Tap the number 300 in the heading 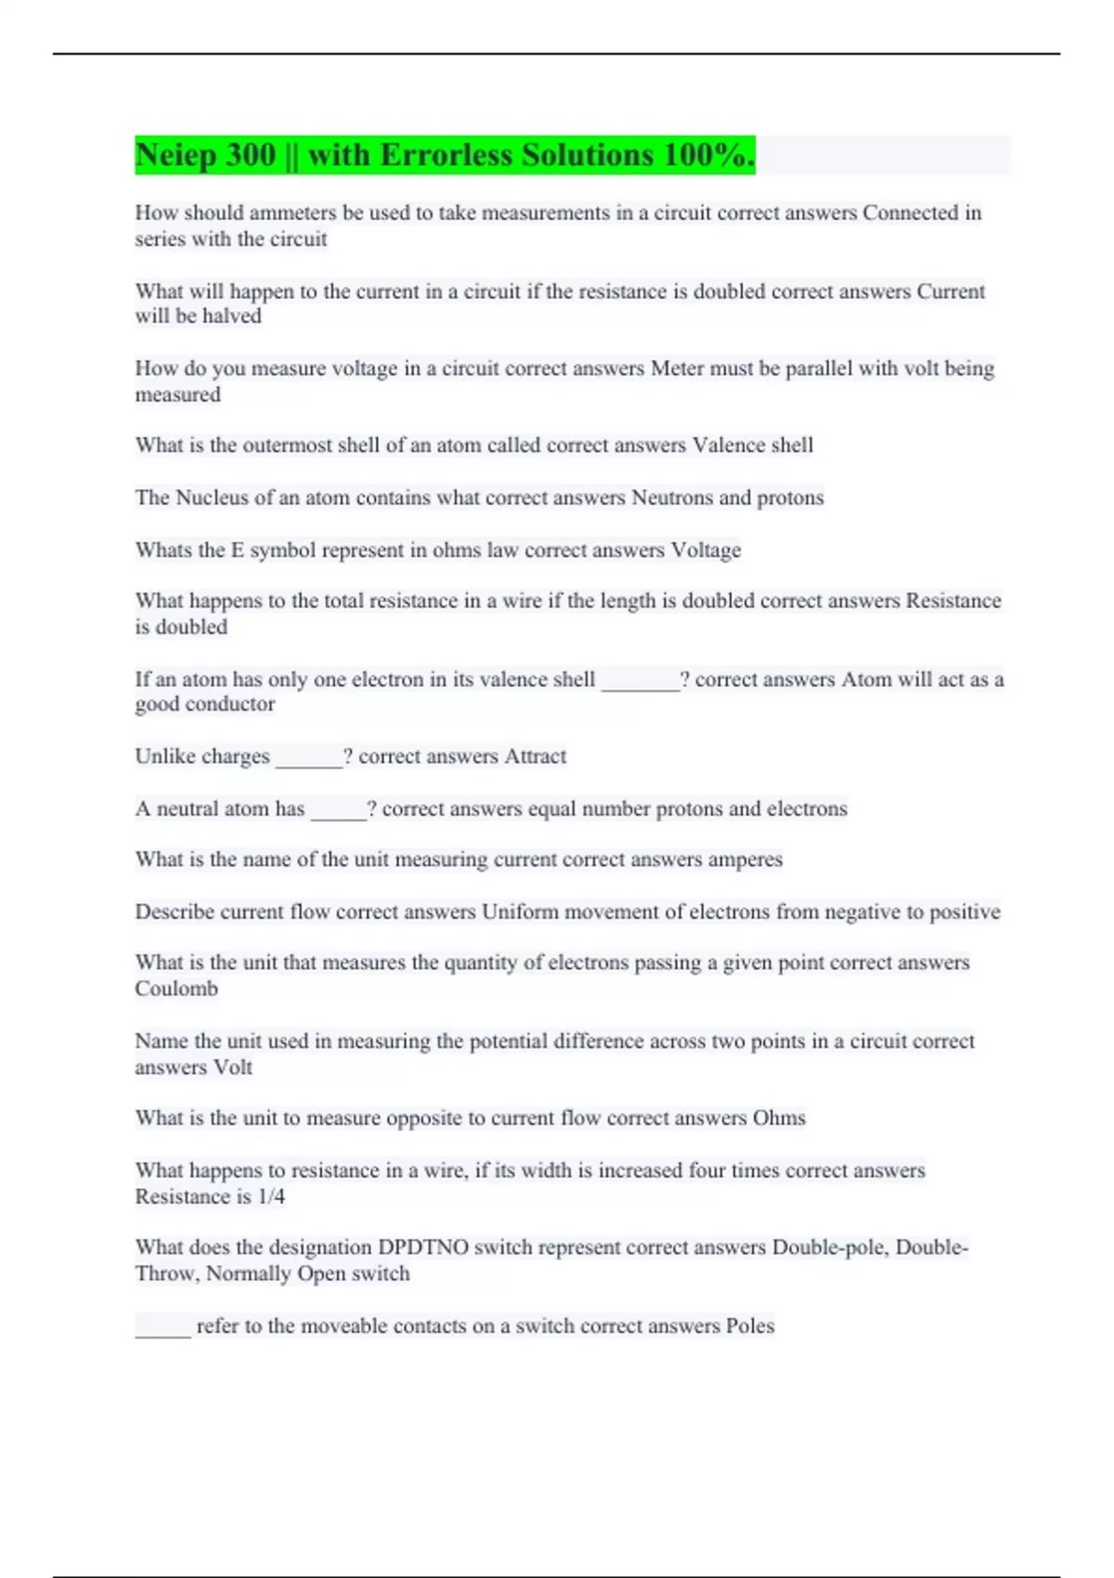coord(250,155)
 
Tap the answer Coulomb coord(176,989)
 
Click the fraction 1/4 coord(271,1196)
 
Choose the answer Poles coord(749,1326)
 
